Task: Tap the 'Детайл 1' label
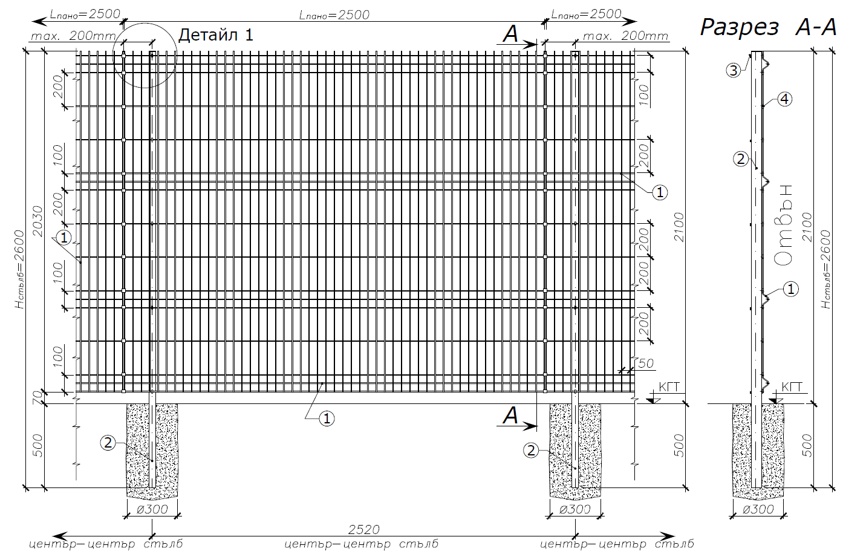pos(216,35)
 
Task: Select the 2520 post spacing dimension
pos(363,529)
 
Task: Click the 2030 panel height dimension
pos(38,221)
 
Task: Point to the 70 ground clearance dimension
pos(37,398)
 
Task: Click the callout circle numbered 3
pos(734,70)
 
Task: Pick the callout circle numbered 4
pos(784,99)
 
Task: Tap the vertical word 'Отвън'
pos(783,226)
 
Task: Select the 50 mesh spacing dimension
pos(646,363)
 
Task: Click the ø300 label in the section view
pos(758,509)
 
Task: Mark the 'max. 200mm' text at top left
pos(73,36)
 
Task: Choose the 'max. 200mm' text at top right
pos(625,36)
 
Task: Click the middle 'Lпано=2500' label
pos(334,15)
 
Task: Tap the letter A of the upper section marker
pos(510,34)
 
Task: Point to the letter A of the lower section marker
pos(510,416)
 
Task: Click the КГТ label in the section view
pos(792,387)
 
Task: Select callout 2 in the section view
pos(741,159)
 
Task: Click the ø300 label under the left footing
pos(152,509)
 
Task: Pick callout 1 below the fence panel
pos(327,419)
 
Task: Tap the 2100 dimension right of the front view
pos(679,227)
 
